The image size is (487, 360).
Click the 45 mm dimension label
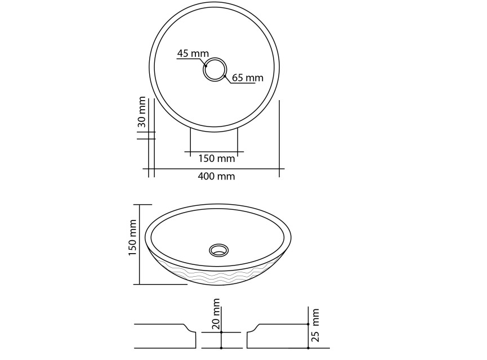tap(193, 53)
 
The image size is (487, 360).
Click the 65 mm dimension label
tap(248, 78)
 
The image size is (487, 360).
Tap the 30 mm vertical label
tap(142, 112)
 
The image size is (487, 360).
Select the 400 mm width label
tap(216, 176)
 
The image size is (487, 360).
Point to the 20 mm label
tap(216, 314)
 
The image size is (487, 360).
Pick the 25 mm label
tap(315, 325)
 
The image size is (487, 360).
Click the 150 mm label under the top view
tap(217, 158)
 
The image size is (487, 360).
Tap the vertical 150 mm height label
tap(133, 237)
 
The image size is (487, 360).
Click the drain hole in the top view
tap(215, 69)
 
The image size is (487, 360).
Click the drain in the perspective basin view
tap(218, 250)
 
